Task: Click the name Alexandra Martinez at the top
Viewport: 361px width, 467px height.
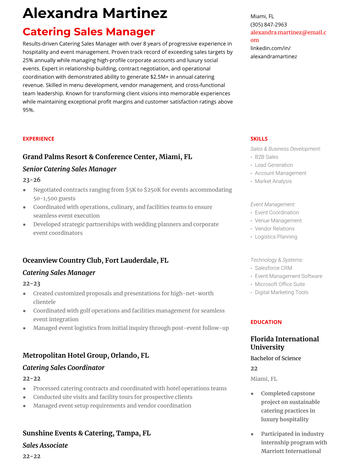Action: click(95, 13)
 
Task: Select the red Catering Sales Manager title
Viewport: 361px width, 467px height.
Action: click(89, 32)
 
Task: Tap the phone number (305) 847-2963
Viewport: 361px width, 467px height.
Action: click(268, 24)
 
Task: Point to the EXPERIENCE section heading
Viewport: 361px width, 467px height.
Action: click(38, 139)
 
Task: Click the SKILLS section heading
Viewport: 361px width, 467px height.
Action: click(259, 139)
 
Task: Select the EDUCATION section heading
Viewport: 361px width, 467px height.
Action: click(266, 322)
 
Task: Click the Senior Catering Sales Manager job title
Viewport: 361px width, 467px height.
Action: click(70, 169)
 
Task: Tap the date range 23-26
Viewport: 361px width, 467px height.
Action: click(32, 180)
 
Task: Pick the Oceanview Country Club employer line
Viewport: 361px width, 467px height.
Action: click(96, 261)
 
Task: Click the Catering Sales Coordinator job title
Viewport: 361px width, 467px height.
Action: click(64, 368)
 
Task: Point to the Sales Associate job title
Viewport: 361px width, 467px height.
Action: click(45, 445)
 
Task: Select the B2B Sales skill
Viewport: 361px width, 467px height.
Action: click(266, 157)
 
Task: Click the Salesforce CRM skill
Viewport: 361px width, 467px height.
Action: click(273, 268)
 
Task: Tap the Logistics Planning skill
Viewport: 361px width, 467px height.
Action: click(276, 237)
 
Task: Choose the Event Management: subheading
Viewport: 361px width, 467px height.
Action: click(273, 205)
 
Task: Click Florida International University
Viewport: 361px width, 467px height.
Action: click(285, 343)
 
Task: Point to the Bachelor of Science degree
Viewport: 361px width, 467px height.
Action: click(276, 359)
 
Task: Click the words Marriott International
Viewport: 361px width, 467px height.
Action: click(291, 451)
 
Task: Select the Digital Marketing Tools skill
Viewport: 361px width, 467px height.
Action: click(281, 292)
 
